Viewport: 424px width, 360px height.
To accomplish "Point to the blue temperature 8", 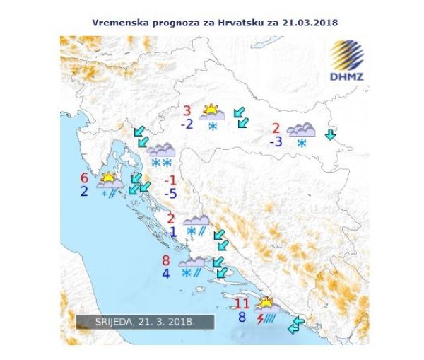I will tap(242, 318).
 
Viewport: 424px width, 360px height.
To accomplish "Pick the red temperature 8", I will tap(165, 260).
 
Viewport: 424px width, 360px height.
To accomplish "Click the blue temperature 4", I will tap(165, 273).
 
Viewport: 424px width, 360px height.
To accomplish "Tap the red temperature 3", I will tap(187, 110).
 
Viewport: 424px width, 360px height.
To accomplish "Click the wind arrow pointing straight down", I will tap(330, 134).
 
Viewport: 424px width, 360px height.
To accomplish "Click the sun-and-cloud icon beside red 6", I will tap(110, 179).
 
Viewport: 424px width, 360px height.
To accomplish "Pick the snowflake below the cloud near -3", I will tap(302, 143).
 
